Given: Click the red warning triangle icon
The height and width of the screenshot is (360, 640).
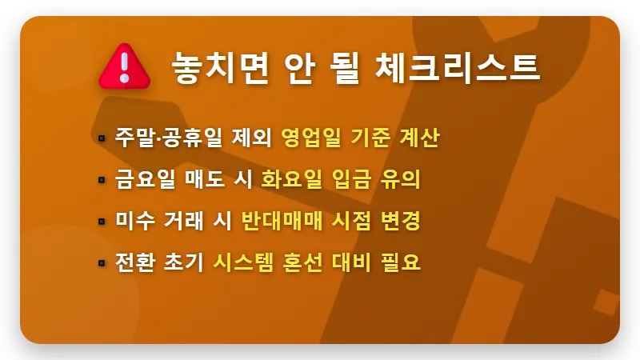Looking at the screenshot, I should [x=123, y=66].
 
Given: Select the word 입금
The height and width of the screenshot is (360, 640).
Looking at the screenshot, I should [x=354, y=179].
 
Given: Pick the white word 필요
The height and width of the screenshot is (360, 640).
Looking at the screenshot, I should [x=402, y=262].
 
